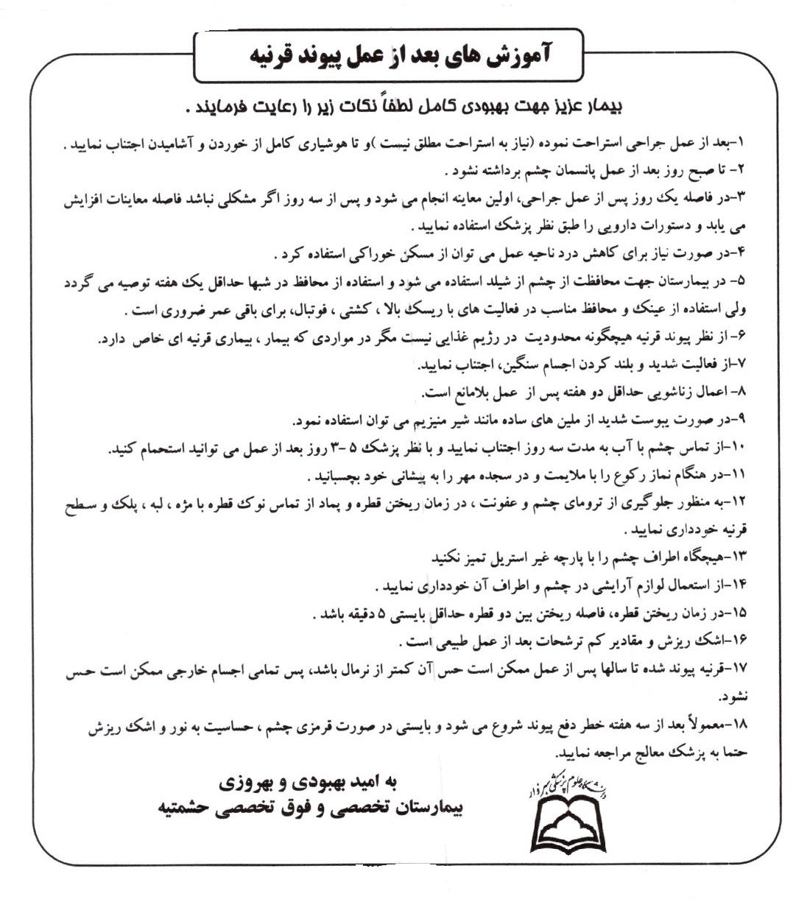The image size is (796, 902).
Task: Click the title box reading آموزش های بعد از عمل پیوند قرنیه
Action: tap(388, 56)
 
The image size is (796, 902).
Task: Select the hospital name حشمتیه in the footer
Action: tap(186, 808)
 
